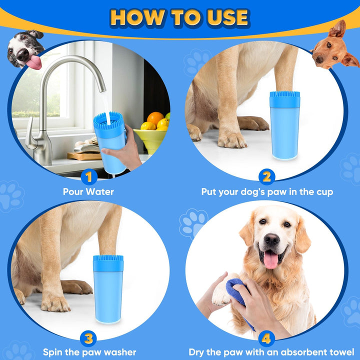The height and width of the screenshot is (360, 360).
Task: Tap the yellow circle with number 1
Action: [x=88, y=177]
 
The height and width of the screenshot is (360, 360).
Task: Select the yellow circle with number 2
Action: [x=266, y=177]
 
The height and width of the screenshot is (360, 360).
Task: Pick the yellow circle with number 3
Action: [x=88, y=338]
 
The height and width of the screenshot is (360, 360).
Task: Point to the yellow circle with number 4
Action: [x=266, y=338]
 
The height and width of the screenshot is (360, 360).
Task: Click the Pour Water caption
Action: [x=88, y=191]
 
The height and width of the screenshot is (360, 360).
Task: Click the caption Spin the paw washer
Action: [x=89, y=352]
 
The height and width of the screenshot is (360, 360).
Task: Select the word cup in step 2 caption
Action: [x=322, y=191]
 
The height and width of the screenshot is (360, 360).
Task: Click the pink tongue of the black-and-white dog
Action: [x=34, y=62]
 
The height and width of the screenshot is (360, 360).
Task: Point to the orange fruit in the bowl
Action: [x=155, y=118]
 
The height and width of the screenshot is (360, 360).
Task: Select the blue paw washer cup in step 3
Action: [x=107, y=287]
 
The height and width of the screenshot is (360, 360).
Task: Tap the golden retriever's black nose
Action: [x=271, y=240]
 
